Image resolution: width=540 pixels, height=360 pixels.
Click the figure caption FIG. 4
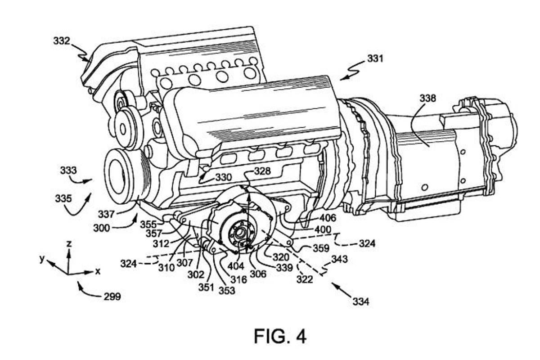[x=280, y=336]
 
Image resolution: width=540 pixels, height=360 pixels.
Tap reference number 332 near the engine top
[x=62, y=41]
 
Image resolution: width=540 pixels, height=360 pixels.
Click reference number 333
[x=68, y=171]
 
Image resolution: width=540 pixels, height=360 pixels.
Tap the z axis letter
[x=69, y=243]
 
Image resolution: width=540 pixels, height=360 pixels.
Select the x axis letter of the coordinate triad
[x=97, y=271]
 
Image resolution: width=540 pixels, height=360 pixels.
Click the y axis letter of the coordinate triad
[x=42, y=260]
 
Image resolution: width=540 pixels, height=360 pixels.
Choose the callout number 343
[x=339, y=260]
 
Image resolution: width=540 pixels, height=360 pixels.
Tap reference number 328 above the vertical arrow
[x=262, y=171]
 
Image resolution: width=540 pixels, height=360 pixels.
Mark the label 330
[x=223, y=177]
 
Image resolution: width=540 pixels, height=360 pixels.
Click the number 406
[x=328, y=218]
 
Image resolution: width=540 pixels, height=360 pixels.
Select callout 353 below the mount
[x=227, y=290]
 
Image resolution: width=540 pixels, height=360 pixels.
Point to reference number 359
[x=321, y=248]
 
